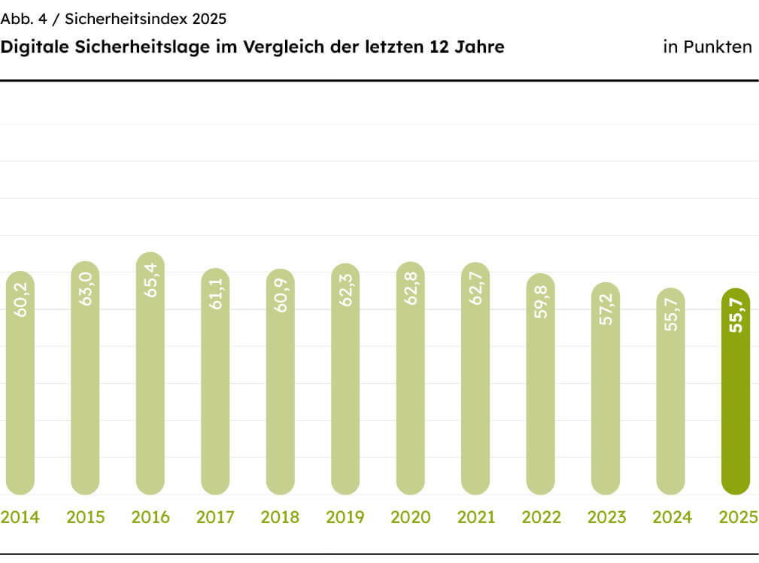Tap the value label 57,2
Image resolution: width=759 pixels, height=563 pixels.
click(606, 309)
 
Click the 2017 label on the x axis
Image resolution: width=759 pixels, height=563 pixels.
click(214, 518)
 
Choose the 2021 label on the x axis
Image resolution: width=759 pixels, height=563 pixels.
click(475, 518)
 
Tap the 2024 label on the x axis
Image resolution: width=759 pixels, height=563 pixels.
click(671, 518)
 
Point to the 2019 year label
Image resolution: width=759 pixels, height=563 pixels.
click(345, 518)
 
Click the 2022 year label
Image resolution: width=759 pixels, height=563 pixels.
click(540, 518)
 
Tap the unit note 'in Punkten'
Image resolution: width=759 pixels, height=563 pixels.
click(707, 47)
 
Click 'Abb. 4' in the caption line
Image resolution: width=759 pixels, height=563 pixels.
click(23, 19)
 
